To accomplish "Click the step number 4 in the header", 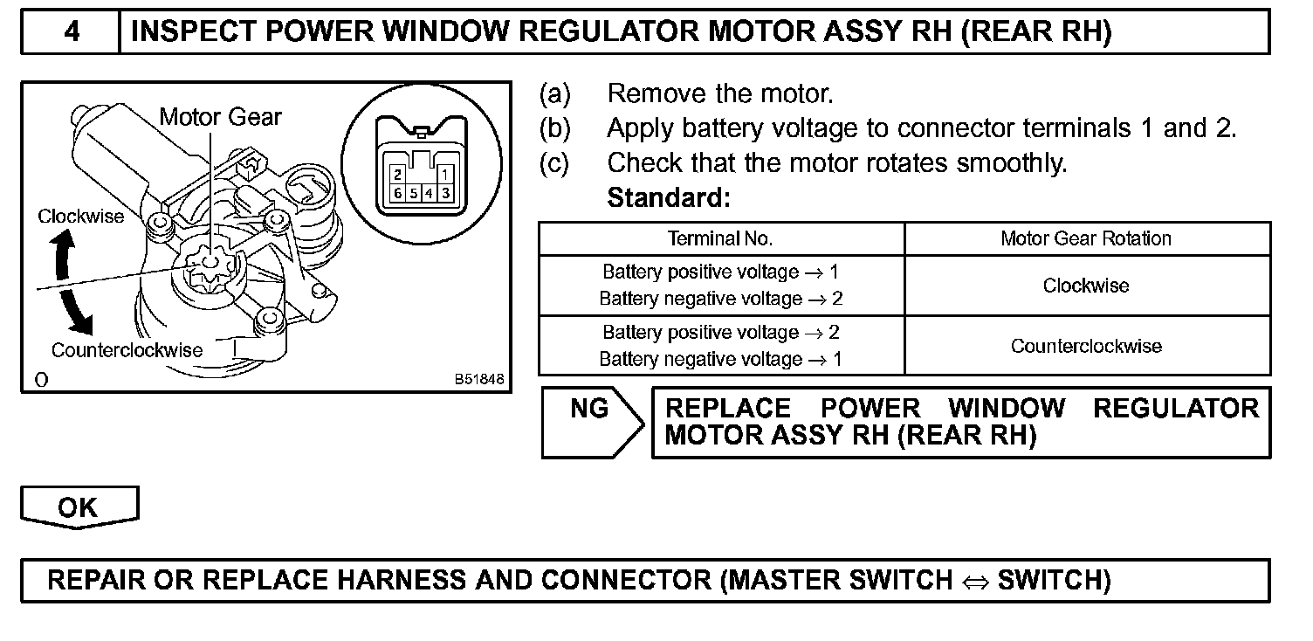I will coord(71,32).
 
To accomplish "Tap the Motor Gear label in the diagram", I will coord(220,116).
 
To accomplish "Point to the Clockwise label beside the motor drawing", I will coord(81,217).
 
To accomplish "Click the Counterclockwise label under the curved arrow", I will coord(127,350).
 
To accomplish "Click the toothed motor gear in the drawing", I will coord(204,266).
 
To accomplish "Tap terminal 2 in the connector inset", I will coord(396,176).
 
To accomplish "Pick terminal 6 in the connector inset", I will coord(396,192).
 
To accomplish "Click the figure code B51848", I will coord(478,380).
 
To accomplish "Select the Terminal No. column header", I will coord(720,238).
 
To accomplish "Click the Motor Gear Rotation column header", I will coord(1086,238).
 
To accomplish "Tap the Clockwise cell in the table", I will coord(1086,286).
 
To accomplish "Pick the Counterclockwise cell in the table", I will coord(1086,346).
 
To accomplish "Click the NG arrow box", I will coord(591,422).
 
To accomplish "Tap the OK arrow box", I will coord(79,507).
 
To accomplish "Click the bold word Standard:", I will coord(668,198).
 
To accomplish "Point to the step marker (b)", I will coord(555,128).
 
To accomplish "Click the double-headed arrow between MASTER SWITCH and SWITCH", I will coord(974,581).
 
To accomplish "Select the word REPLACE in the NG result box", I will coord(728,409).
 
